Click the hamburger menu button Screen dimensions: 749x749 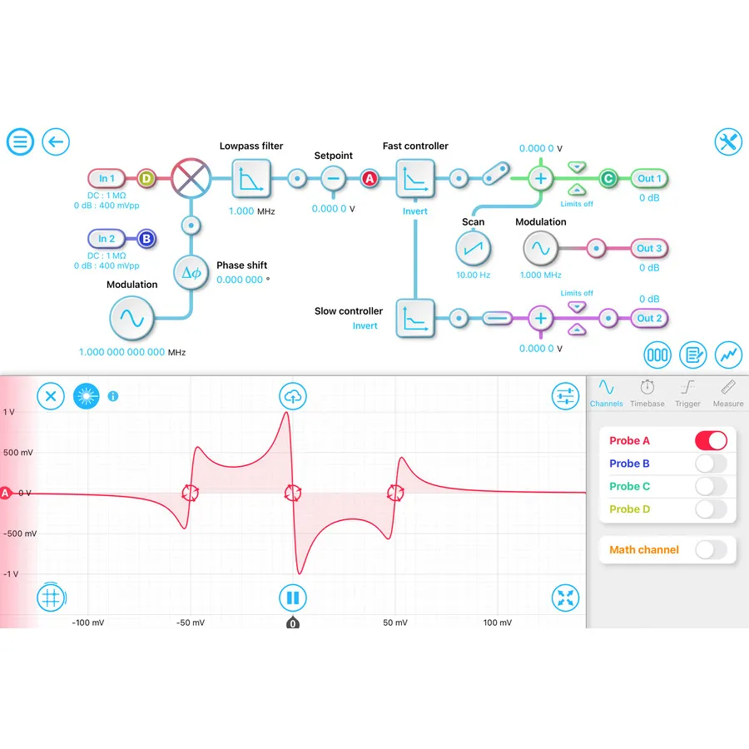(20, 141)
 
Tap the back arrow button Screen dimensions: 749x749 (56, 141)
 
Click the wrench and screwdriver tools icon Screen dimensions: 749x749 (728, 141)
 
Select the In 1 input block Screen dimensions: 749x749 (107, 178)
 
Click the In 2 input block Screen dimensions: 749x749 (107, 239)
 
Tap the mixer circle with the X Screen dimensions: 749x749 (191, 178)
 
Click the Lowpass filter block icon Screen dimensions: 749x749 (251, 178)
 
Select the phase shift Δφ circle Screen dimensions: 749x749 (191, 272)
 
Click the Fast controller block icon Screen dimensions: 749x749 (414, 178)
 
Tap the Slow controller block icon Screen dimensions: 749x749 (414, 317)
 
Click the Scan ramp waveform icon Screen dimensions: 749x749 (474, 248)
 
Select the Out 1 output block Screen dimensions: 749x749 (650, 178)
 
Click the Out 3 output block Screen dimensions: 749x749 (650, 248)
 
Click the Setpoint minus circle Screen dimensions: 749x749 (333, 178)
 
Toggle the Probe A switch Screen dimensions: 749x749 (711, 441)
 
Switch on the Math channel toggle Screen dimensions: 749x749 (711, 549)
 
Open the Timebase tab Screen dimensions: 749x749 (647, 392)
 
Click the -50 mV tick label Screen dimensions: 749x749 (190, 623)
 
